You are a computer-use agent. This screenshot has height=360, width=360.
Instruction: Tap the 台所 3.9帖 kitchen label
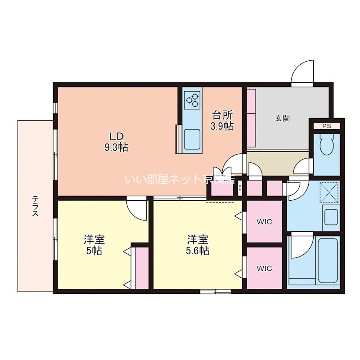pyautogui.click(x=222, y=120)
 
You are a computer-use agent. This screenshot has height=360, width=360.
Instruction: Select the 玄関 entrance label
pyautogui.click(x=282, y=118)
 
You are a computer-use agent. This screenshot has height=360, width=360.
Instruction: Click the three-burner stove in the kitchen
pyautogui.click(x=192, y=100)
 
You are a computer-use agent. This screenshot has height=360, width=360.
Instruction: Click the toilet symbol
pyautogui.click(x=326, y=147)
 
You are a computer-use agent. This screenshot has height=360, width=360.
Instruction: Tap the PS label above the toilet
pyautogui.click(x=326, y=126)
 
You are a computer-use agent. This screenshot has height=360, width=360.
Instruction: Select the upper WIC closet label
pyautogui.click(x=264, y=221)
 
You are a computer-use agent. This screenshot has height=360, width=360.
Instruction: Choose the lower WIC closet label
pyautogui.click(x=264, y=268)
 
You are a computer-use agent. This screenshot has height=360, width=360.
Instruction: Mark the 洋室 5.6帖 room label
pyautogui.click(x=198, y=245)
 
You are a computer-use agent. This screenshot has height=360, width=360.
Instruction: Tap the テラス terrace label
pyautogui.click(x=35, y=206)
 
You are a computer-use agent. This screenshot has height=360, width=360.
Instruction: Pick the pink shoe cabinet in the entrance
pyautogui.click(x=251, y=118)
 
